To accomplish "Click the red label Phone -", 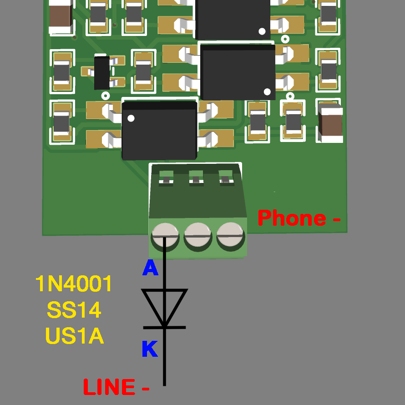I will pos(299,218).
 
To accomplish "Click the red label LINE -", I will pos(116,387).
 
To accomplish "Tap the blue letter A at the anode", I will pos(150,268).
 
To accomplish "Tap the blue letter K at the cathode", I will pos(150,349).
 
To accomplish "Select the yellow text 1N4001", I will pos(74,284).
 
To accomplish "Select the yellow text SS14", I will pos(74,310).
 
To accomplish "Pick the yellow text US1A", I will pos(75,336).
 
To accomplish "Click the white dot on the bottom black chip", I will pos(131,119).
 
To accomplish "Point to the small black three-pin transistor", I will pos(102,72).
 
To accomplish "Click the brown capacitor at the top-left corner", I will pos(61,17).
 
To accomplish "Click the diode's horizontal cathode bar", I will pos(164,327).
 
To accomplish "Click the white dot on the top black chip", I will pos(262,31).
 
